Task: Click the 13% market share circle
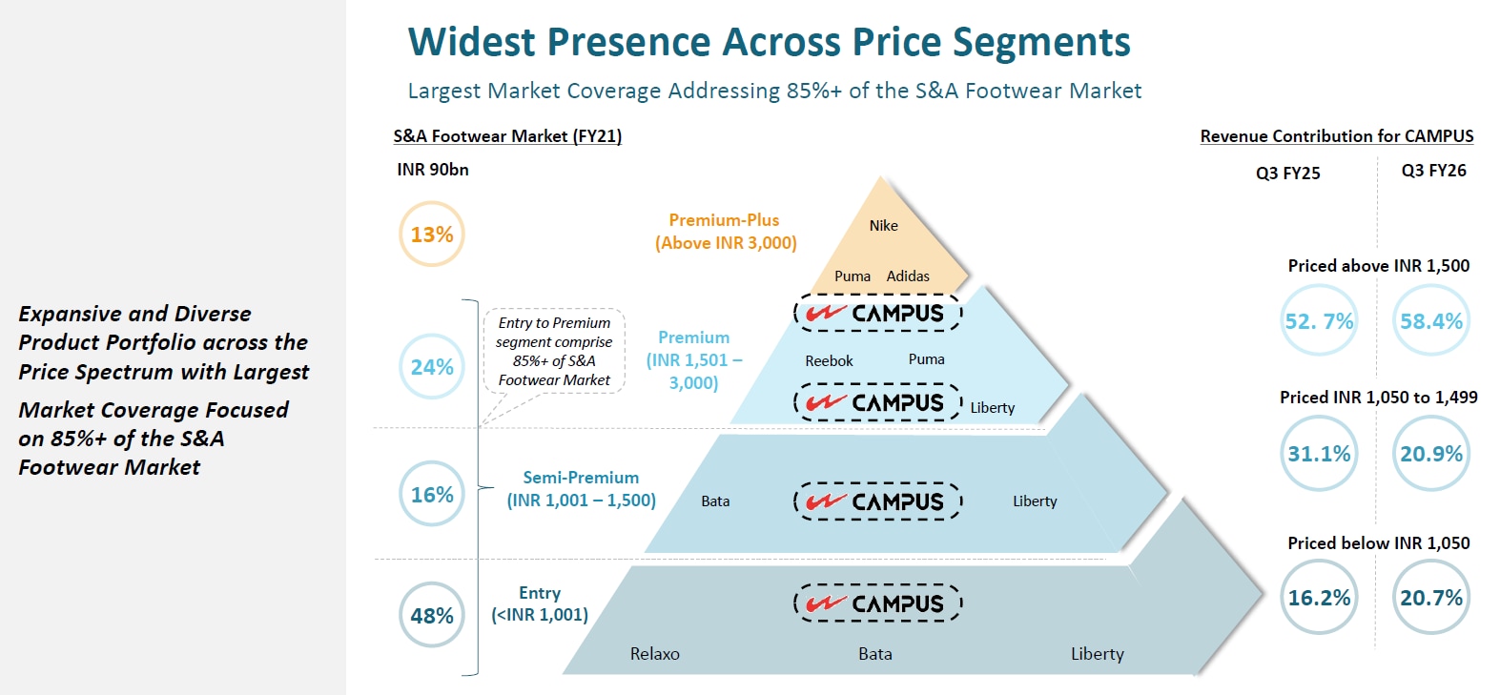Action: [x=431, y=235]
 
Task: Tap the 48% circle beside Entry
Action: [x=432, y=616]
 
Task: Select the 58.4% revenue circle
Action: [x=1431, y=321]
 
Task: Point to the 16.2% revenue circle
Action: [x=1319, y=598]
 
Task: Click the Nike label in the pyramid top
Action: [x=883, y=226]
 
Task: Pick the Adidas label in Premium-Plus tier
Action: [x=908, y=276]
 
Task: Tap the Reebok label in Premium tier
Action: [x=829, y=361]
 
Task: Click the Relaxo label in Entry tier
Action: [x=655, y=654]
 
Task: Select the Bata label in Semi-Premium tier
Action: [x=715, y=501]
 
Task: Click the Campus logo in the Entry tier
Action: [x=877, y=603]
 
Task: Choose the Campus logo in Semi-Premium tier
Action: [x=877, y=501]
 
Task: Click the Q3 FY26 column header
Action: [x=1433, y=171]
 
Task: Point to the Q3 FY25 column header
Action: [x=1287, y=174]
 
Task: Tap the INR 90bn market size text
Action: [x=433, y=170]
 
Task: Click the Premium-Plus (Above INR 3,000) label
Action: [x=725, y=232]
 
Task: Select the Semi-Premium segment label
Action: [x=581, y=489]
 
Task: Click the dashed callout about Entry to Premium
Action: [x=554, y=352]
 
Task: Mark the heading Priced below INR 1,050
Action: [x=1378, y=543]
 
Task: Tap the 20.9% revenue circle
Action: [x=1431, y=454]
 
